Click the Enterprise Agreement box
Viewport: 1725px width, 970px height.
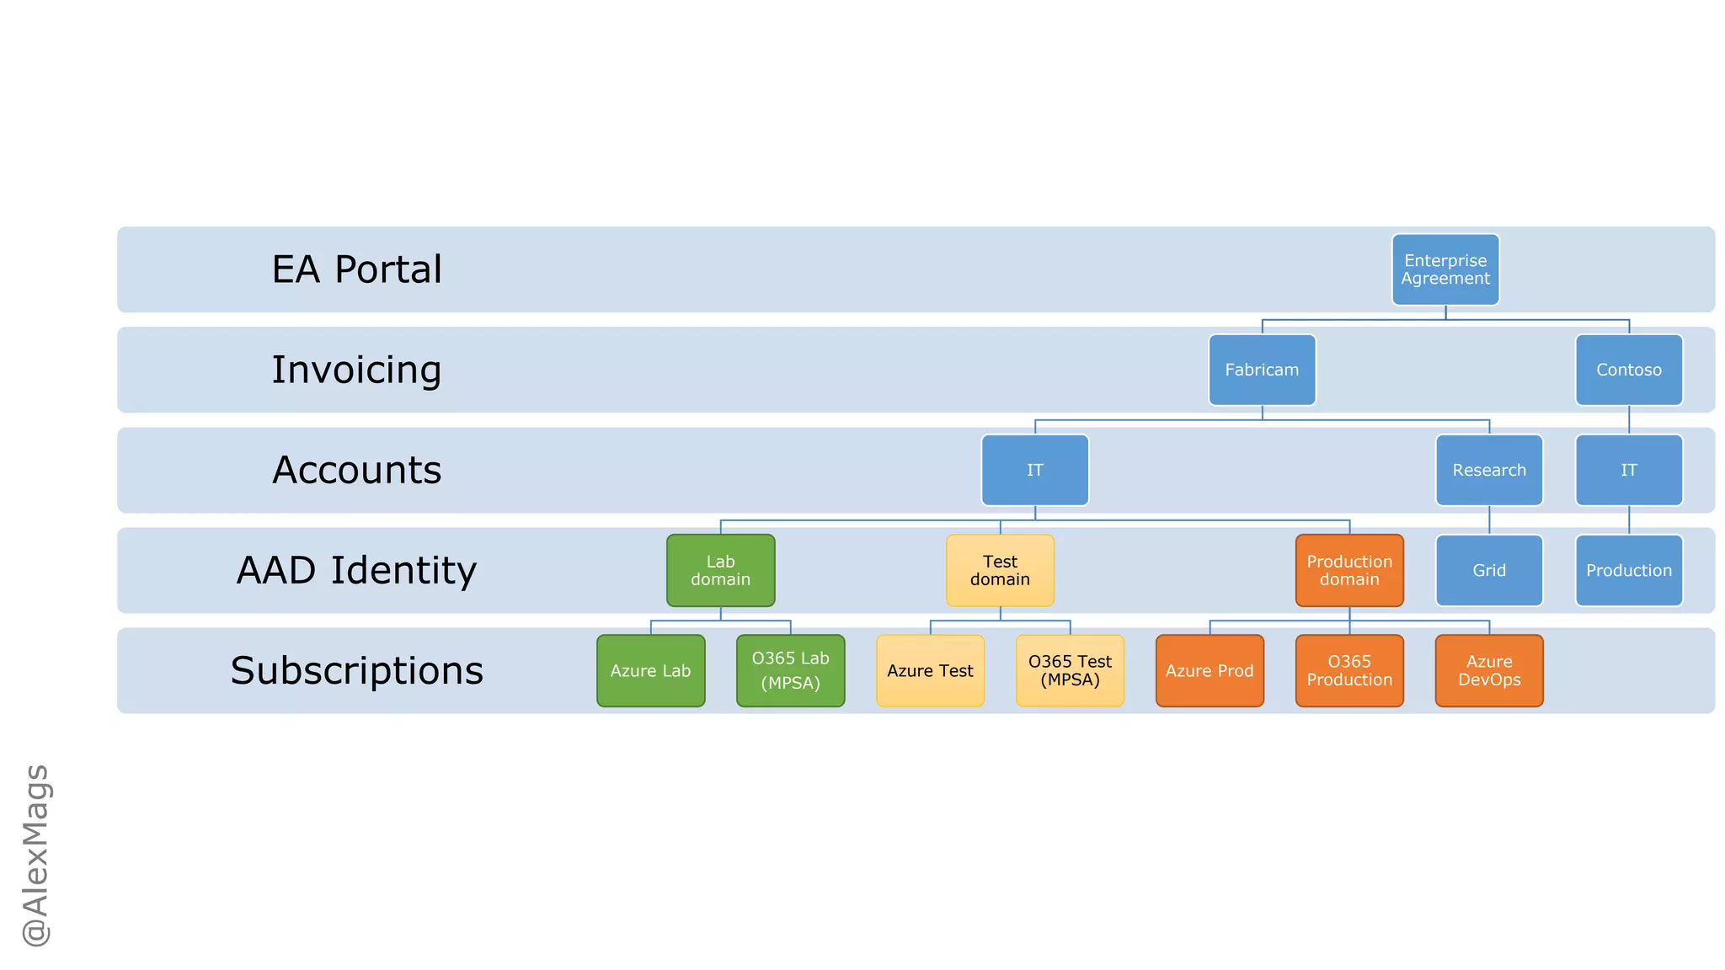point(1445,269)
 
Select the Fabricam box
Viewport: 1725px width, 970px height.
point(1262,370)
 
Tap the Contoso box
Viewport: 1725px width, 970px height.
point(1629,370)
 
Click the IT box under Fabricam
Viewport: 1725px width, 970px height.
point(1035,470)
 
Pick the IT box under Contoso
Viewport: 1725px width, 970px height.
point(1629,470)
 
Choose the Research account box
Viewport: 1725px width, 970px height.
point(1489,470)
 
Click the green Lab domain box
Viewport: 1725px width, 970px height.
point(720,570)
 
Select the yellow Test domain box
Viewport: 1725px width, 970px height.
point(1000,570)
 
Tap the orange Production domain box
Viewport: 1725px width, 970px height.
point(1349,570)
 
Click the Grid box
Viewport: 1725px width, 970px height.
point(1489,570)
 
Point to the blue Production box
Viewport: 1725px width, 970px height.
point(1629,570)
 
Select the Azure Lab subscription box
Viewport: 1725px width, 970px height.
point(650,670)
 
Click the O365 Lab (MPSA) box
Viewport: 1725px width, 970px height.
point(790,670)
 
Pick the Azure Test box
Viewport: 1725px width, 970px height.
point(930,670)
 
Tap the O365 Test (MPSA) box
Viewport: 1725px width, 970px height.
point(1070,670)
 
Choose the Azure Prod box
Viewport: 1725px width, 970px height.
point(1210,670)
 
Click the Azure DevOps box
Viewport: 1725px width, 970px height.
point(1489,670)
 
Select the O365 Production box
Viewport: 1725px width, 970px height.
point(1349,670)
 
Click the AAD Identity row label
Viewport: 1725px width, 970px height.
point(356,570)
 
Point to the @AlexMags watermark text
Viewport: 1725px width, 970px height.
point(36,855)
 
